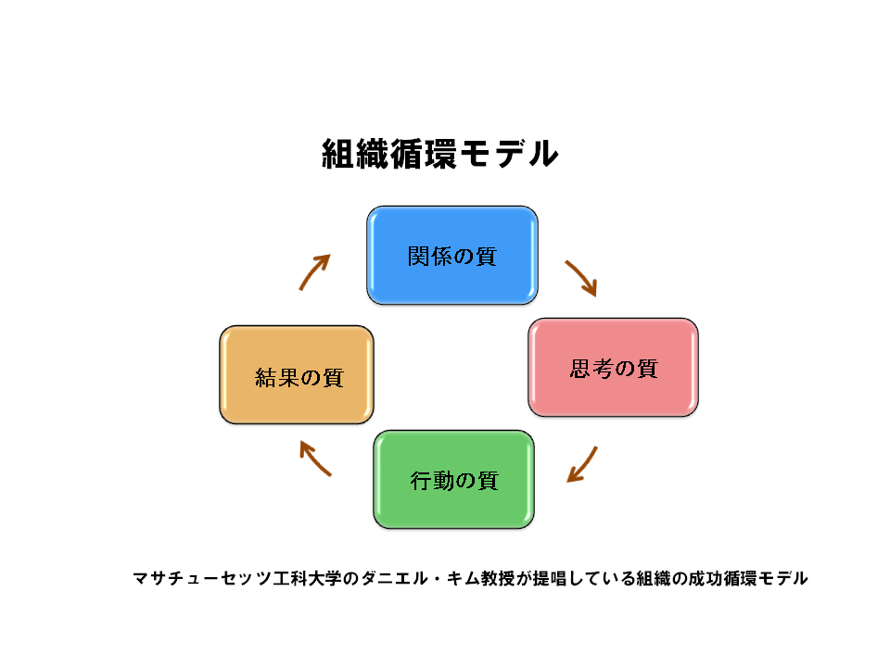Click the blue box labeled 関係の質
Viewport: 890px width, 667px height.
coord(452,256)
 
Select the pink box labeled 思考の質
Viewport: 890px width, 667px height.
coord(613,368)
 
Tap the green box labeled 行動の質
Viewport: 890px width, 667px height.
coord(453,480)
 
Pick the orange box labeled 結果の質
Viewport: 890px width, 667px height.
coord(297,375)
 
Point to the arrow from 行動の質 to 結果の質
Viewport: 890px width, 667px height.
coord(314,457)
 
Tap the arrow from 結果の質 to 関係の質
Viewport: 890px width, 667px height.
coord(314,271)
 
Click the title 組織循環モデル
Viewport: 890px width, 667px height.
coord(440,154)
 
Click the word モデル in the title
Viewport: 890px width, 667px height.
coord(509,154)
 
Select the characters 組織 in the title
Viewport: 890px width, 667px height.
coord(355,154)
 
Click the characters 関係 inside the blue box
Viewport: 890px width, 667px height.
coord(429,257)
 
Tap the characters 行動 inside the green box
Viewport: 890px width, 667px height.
coord(432,481)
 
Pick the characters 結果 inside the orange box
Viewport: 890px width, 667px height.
coord(277,377)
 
